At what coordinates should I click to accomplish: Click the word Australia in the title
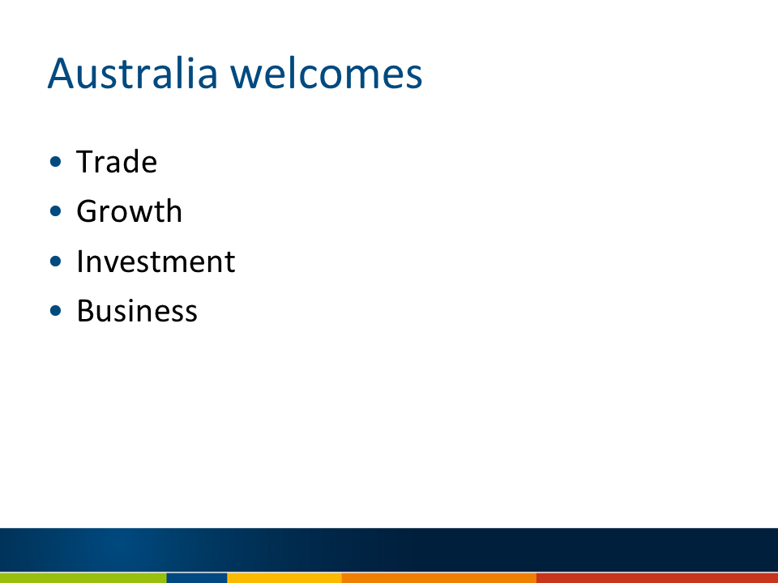point(132,74)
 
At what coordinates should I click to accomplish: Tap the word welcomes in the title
point(327,74)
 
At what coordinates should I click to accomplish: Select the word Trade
point(117,162)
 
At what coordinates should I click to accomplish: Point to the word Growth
point(130,211)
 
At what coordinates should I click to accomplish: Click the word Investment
point(156,261)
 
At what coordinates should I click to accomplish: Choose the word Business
point(137,311)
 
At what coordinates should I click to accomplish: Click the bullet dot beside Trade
point(56,162)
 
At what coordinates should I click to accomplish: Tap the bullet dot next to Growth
point(56,211)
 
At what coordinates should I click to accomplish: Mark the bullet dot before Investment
point(56,262)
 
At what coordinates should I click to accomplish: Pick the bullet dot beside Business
point(56,311)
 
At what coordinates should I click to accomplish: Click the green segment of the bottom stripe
point(83,578)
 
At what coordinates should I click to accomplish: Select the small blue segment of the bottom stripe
point(196,578)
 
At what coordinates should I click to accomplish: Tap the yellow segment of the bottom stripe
point(284,578)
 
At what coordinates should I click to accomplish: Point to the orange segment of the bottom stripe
point(439,578)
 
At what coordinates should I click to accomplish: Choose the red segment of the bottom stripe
point(657,578)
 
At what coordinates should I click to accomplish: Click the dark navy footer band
point(389,550)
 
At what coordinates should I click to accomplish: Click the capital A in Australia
point(61,74)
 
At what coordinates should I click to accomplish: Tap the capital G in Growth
point(88,211)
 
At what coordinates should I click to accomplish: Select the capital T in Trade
point(86,162)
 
